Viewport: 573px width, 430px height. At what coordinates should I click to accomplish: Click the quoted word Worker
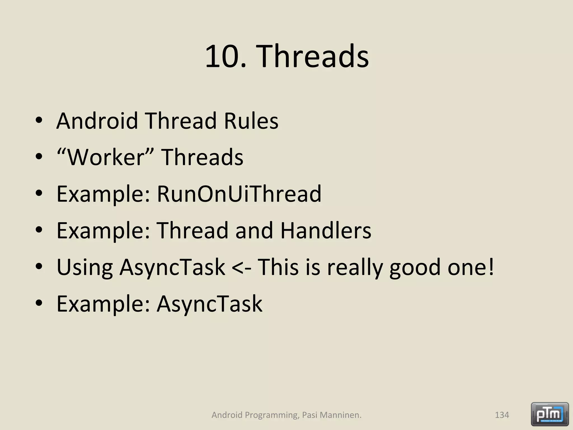click(105, 157)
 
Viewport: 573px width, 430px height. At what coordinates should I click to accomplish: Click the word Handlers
click(326, 230)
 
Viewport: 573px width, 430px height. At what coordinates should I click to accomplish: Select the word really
click(355, 267)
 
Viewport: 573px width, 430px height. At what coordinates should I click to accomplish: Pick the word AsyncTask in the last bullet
click(209, 304)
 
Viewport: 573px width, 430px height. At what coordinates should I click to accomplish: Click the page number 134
click(502, 415)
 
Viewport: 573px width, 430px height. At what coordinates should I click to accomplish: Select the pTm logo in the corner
click(549, 414)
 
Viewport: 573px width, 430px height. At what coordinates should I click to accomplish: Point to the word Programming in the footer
click(271, 415)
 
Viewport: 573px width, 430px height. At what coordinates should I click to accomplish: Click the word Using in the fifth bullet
click(84, 267)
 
